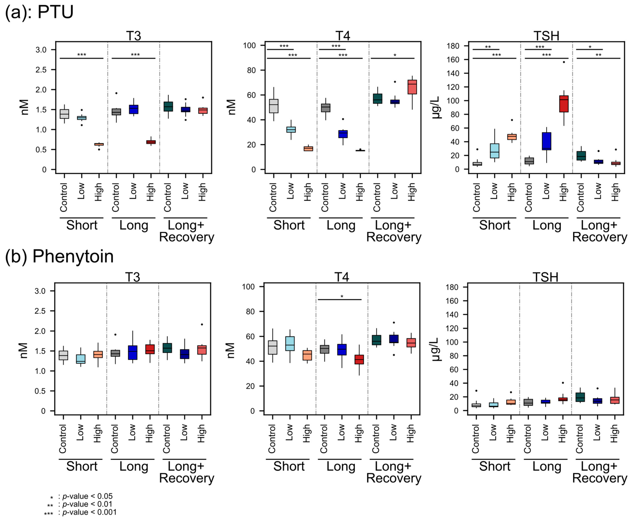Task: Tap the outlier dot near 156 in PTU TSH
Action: [x=564, y=62]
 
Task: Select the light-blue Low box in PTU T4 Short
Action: [x=291, y=129]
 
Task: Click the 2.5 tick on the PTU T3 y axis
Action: [x=41, y=70]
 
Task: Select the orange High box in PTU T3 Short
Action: [x=99, y=144]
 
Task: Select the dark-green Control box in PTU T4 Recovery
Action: [x=377, y=99]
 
